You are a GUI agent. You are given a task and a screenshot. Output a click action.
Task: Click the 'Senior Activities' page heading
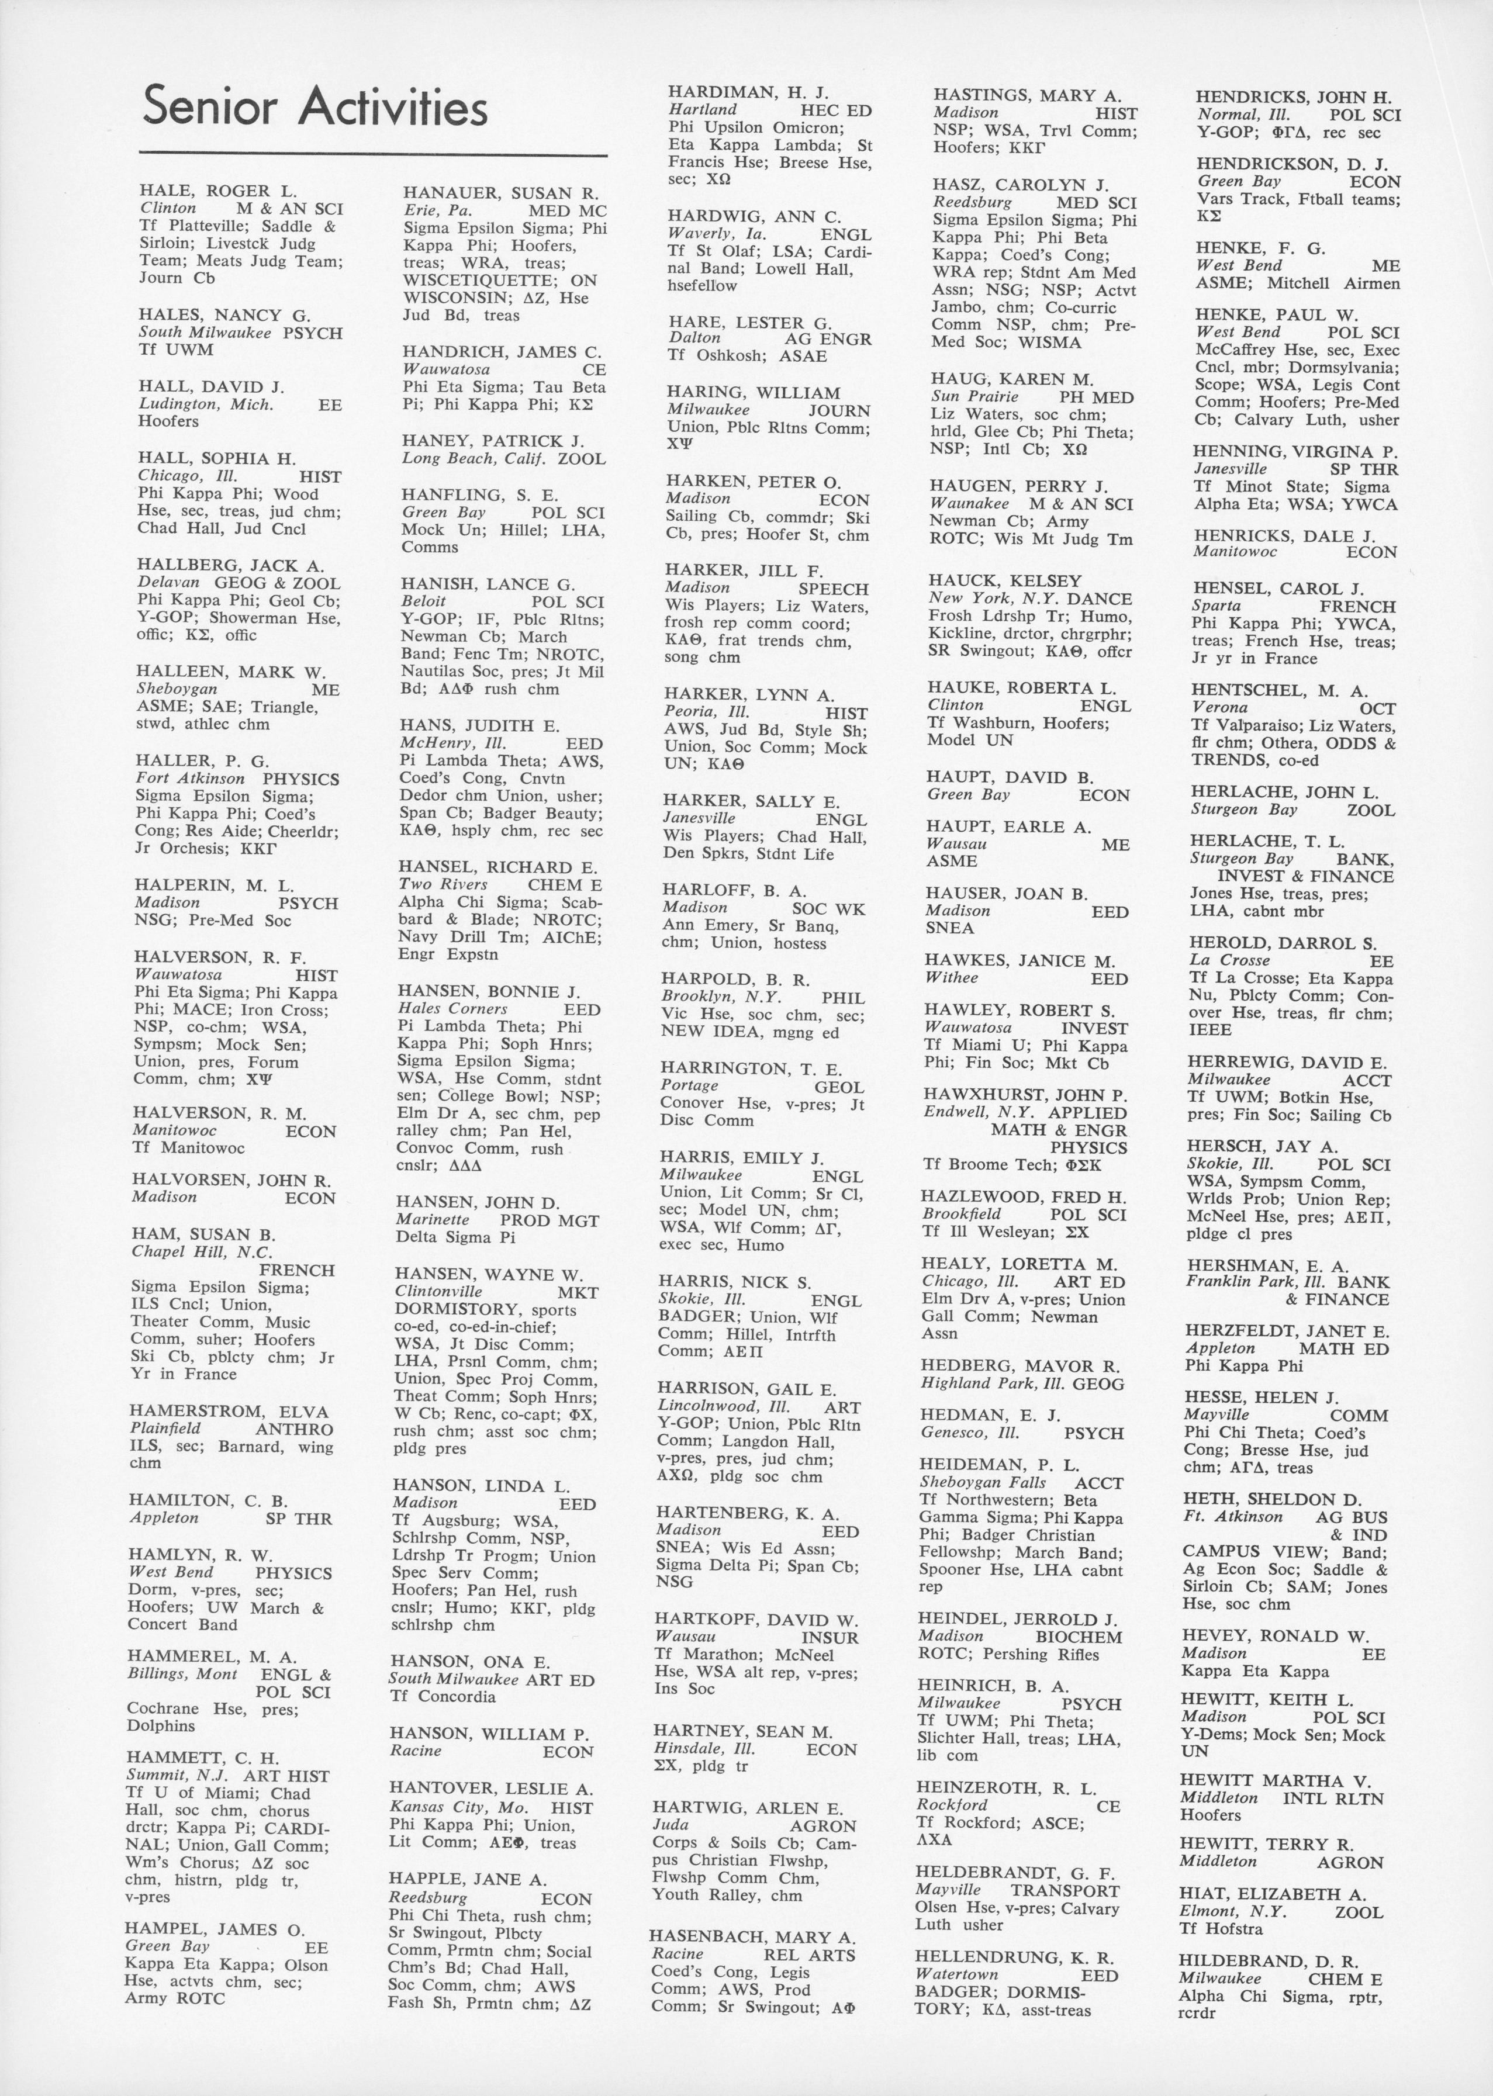[315, 108]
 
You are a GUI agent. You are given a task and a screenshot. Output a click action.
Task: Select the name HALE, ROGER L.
[219, 191]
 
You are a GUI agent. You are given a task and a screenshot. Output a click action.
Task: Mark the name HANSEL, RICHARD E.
[497, 867]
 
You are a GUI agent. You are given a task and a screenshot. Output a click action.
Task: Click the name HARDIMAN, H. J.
[748, 92]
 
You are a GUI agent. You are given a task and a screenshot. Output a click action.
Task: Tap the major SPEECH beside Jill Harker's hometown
[834, 589]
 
